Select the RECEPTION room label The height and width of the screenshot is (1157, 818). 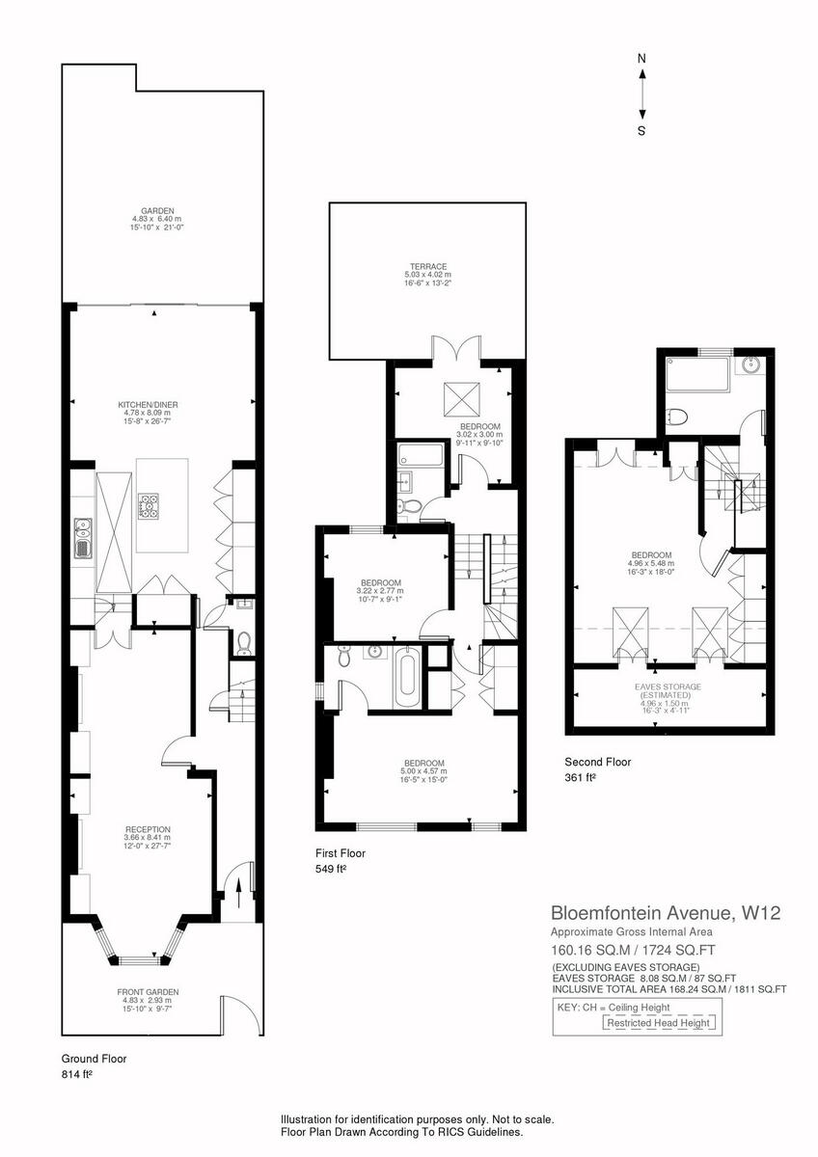tap(148, 829)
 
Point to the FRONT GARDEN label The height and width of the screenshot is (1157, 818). tap(148, 991)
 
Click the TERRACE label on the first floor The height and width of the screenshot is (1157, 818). tap(426, 267)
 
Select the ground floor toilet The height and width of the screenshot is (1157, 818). tap(243, 640)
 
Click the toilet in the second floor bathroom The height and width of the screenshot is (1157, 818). tap(677, 417)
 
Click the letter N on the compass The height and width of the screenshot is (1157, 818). tap(641, 59)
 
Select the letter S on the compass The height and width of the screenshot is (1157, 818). tap(641, 131)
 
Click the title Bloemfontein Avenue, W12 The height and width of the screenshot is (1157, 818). tap(665, 912)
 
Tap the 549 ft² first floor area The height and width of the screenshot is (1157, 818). tap(331, 869)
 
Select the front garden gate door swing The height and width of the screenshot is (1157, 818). tap(234, 1011)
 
